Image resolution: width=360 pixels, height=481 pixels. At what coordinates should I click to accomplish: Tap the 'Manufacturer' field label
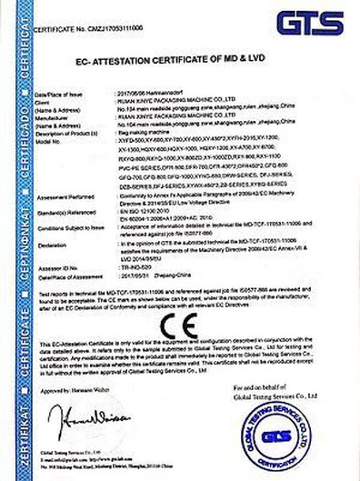pos(48,117)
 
